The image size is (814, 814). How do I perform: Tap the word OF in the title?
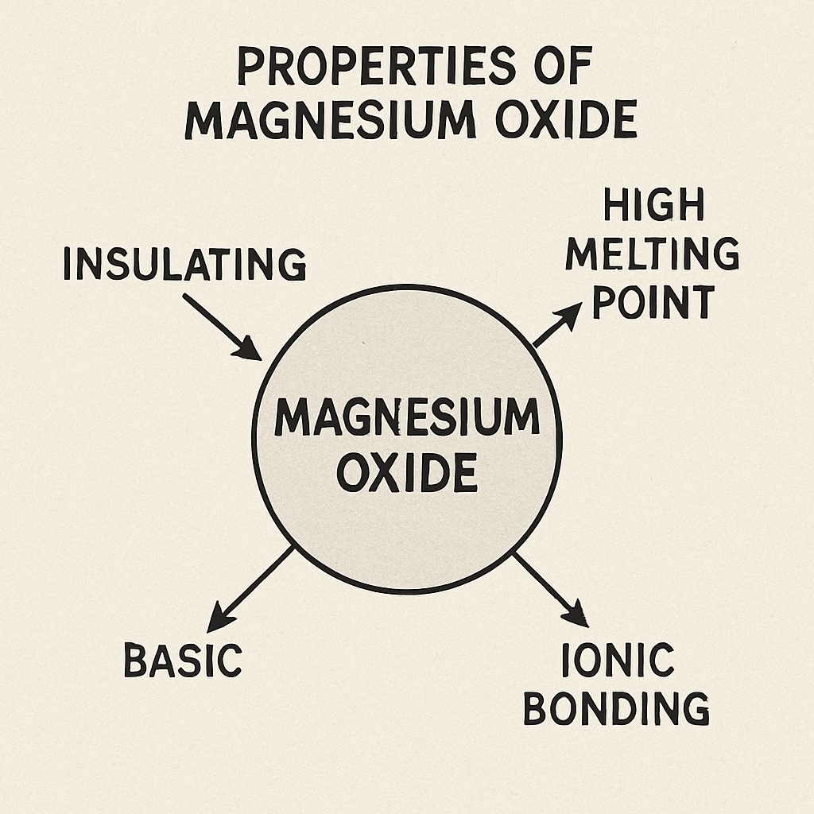click(560, 68)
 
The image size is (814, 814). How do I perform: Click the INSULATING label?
click(184, 265)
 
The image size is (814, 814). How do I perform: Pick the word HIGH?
click(653, 206)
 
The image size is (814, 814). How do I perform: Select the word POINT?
click(653, 302)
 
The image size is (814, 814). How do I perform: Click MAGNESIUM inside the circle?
click(406, 417)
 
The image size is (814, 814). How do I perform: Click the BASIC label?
click(183, 661)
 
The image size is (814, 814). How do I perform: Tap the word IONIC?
click(617, 661)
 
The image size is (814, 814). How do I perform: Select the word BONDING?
click(616, 708)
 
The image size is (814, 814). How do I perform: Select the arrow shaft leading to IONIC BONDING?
click(543, 584)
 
